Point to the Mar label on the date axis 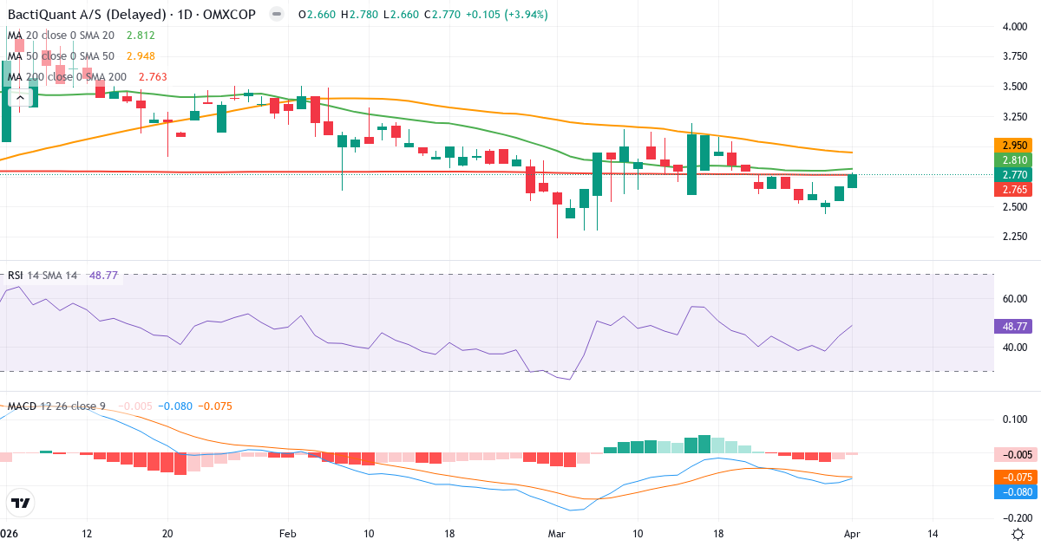click(x=556, y=534)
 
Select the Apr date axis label click(x=852, y=534)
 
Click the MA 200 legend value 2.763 click(x=152, y=77)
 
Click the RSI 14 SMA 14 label click(x=43, y=276)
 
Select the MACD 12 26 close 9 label click(x=57, y=406)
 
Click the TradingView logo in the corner click(x=21, y=503)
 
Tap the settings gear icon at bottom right click(x=1020, y=534)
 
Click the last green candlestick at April click(x=852, y=180)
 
